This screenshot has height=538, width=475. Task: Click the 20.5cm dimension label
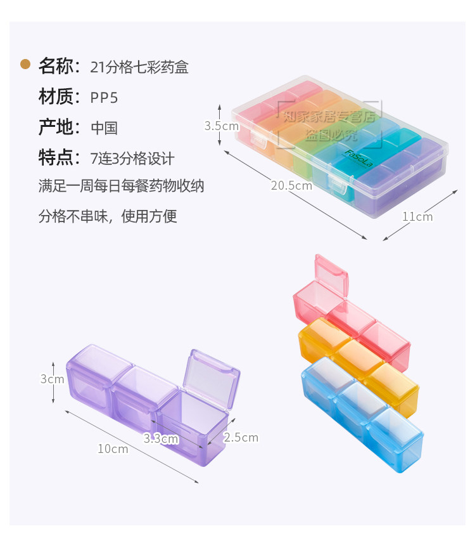click(291, 186)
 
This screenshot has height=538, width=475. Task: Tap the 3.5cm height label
click(221, 126)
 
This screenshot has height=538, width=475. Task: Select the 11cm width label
click(417, 216)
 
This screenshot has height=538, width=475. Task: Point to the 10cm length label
click(113, 449)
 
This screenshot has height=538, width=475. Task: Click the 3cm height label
click(52, 379)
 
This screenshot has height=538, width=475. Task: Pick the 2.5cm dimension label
click(241, 437)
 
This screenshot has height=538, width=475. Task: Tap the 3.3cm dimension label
click(161, 438)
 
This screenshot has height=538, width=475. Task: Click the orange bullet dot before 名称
click(25, 64)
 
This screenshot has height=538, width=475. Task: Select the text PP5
click(104, 97)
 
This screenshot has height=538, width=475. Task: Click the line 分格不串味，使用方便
click(108, 216)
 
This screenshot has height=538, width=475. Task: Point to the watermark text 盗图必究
click(331, 135)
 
